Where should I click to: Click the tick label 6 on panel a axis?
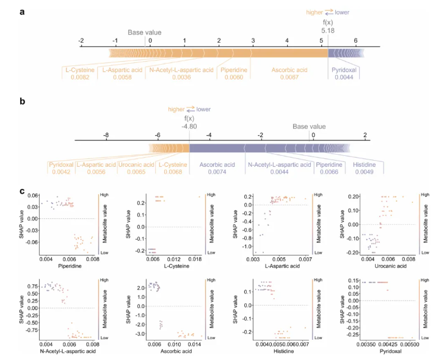355,40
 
